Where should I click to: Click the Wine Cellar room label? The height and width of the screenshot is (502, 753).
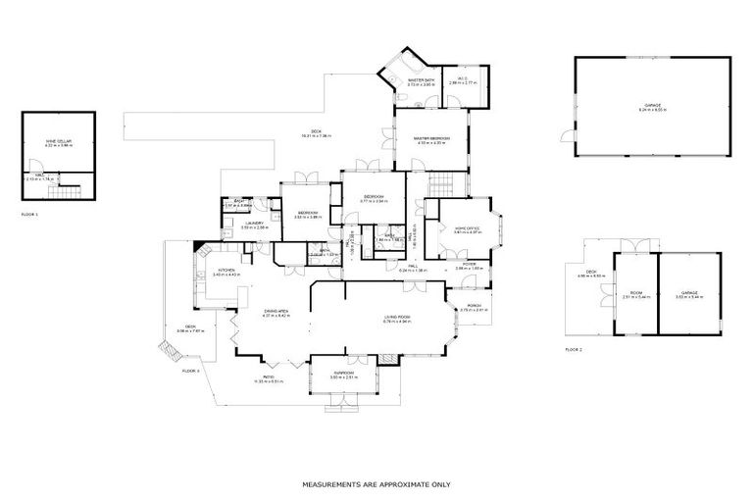[x=59, y=142]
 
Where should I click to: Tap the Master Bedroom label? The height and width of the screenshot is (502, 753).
[x=431, y=140]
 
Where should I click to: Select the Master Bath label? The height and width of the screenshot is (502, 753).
[x=407, y=81]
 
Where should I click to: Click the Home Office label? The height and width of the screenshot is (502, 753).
[x=467, y=230]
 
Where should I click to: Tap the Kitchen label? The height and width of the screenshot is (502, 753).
[x=226, y=271]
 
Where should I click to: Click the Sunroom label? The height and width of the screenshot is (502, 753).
[x=343, y=375]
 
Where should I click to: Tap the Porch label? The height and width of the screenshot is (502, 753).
[x=474, y=308]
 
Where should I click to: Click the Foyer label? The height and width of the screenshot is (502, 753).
[x=470, y=265]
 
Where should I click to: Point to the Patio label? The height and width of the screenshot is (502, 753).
[x=268, y=378]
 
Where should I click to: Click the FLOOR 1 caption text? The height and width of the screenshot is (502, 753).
[x=28, y=214]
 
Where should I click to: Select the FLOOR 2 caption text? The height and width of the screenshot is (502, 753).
[x=574, y=350]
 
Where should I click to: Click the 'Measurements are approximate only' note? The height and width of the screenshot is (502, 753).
[x=376, y=484]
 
